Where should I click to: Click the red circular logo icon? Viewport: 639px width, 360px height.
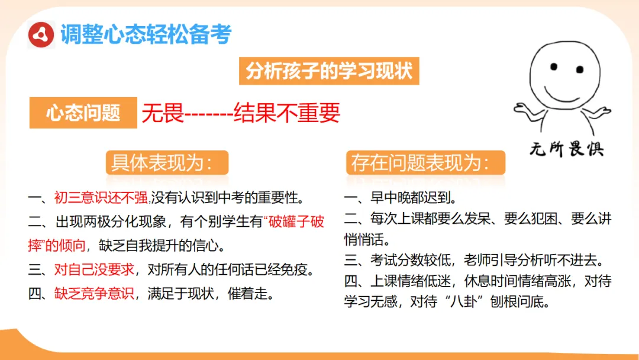[41, 35]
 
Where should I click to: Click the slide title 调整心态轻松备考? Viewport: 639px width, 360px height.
[146, 34]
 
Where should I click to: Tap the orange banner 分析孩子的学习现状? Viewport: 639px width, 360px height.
[330, 72]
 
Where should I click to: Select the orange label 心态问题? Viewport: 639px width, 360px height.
[83, 112]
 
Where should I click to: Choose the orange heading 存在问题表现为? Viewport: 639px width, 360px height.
[421, 163]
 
